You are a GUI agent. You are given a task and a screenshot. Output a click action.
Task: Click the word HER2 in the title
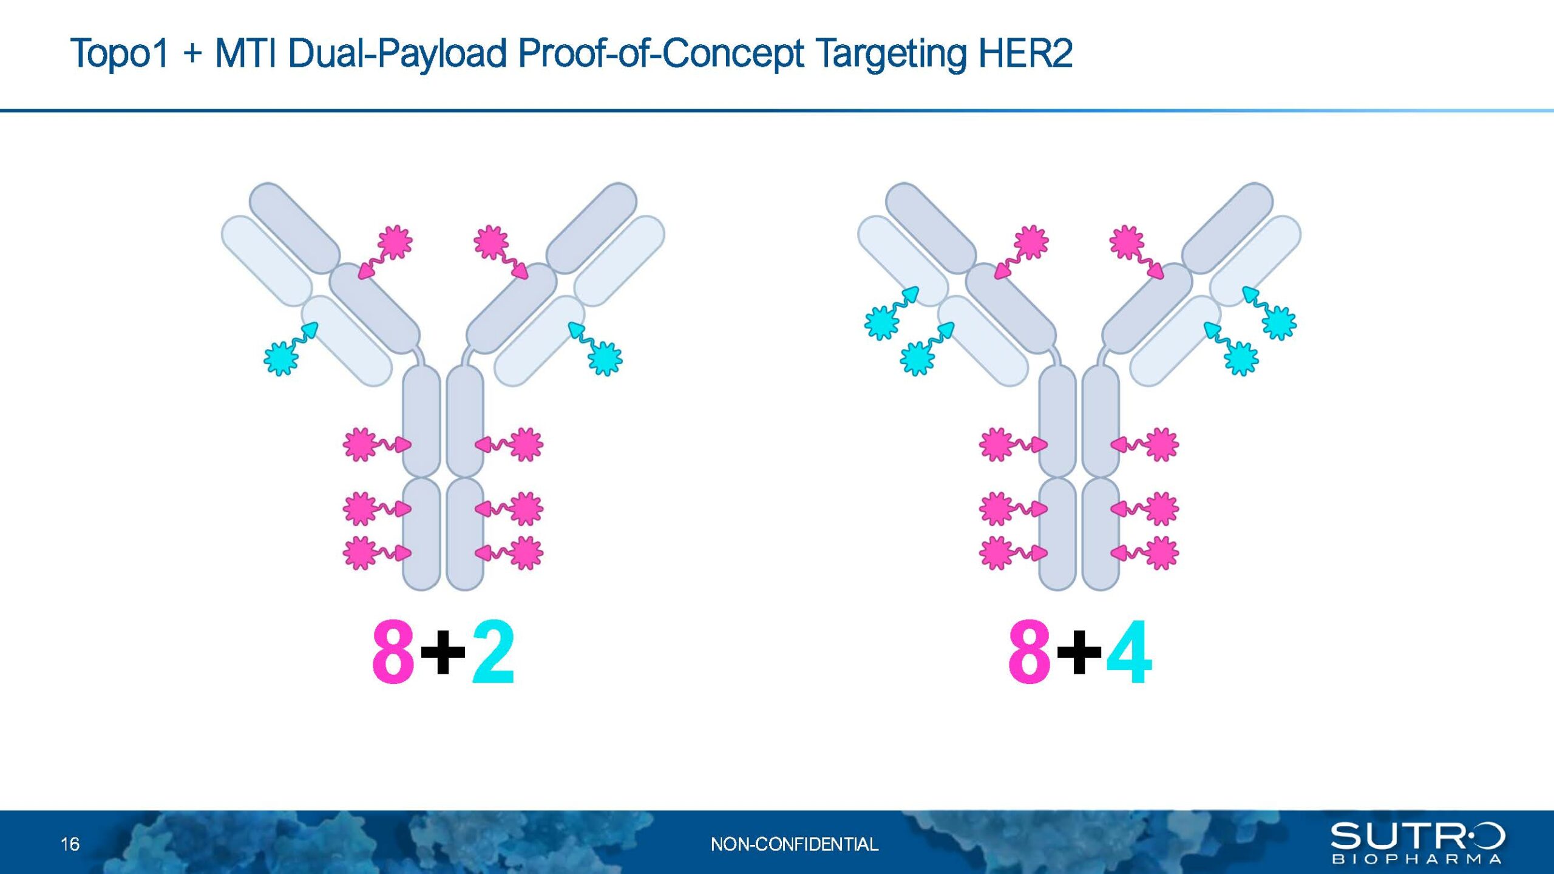(x=1025, y=53)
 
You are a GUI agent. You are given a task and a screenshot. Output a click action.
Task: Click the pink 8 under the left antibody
(x=393, y=652)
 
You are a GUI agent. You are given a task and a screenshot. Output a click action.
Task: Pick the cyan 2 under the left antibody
(x=493, y=652)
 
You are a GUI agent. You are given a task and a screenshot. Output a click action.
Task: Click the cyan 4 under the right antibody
(x=1129, y=652)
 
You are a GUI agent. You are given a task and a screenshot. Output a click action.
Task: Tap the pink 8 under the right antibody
(x=1030, y=652)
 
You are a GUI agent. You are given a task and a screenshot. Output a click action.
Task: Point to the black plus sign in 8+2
(x=443, y=652)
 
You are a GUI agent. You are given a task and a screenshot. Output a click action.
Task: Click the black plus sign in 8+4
(x=1079, y=652)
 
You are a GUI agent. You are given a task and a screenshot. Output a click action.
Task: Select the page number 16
(x=70, y=844)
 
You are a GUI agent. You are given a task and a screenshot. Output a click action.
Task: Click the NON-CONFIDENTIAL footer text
(x=794, y=844)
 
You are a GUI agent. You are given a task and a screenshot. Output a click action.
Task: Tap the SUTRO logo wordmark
(x=1418, y=836)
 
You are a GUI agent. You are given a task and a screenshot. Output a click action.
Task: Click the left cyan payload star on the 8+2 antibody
(x=281, y=359)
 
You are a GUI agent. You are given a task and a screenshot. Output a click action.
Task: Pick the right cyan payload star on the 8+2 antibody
(x=605, y=359)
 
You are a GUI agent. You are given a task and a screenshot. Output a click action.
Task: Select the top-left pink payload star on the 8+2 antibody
(x=395, y=242)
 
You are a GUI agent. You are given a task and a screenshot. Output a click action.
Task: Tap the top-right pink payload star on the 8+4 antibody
(x=1127, y=242)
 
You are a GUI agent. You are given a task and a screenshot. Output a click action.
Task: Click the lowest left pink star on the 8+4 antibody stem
(x=996, y=553)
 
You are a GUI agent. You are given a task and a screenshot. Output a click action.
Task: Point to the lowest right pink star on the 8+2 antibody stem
(x=526, y=553)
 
